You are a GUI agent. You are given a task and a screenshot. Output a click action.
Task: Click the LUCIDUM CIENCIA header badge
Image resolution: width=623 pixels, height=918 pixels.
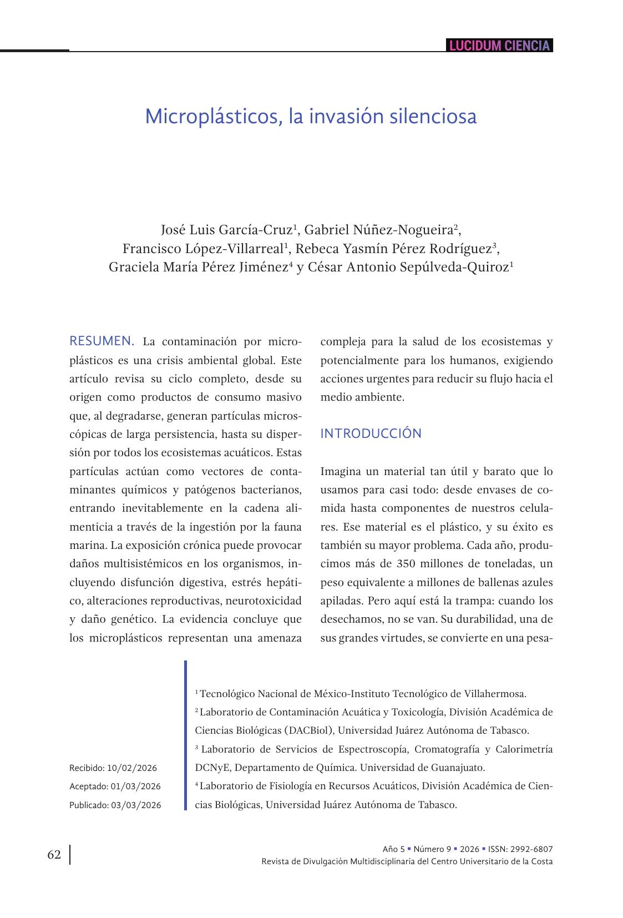(x=499, y=46)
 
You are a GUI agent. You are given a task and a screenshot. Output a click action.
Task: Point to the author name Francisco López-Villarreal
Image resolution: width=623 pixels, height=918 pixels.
(x=202, y=248)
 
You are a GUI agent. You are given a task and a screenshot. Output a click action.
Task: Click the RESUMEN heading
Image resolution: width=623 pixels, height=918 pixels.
(x=102, y=341)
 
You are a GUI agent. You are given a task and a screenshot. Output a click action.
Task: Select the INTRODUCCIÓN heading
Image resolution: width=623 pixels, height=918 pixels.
(x=371, y=433)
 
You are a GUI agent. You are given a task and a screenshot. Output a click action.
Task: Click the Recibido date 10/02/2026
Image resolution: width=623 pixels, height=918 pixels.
(x=132, y=768)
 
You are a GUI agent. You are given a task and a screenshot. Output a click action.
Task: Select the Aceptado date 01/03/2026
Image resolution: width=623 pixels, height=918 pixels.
(x=135, y=786)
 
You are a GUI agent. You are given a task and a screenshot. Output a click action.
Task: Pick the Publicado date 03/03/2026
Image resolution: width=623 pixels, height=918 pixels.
(x=136, y=805)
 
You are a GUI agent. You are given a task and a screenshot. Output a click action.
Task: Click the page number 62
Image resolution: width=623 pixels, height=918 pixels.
(x=54, y=855)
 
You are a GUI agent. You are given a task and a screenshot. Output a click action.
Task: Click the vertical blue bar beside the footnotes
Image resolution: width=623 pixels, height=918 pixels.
(x=185, y=735)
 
